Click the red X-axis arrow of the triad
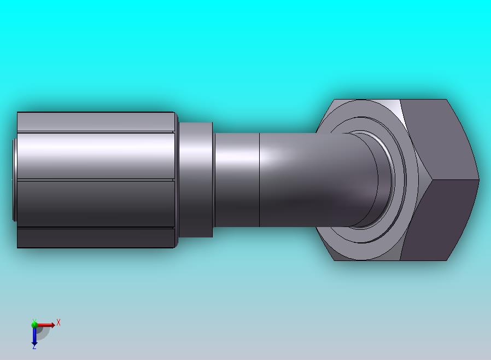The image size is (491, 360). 47,325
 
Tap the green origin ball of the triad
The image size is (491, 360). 34,324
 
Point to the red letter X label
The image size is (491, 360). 59,323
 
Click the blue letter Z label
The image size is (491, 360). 34,346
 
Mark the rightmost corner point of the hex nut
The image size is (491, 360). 479,179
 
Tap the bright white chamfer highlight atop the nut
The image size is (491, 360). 395,104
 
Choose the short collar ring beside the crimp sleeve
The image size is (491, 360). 195,179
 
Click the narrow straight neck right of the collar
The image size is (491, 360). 236,179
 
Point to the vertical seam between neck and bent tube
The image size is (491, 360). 259,179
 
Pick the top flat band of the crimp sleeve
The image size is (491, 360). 96,121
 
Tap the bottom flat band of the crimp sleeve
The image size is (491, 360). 96,238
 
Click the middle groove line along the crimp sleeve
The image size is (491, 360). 96,180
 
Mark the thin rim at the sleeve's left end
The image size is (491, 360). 14,179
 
